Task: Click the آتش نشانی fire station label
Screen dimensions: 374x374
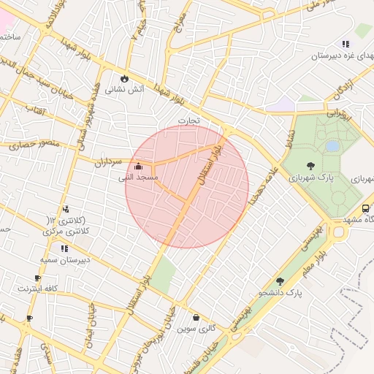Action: pos(125,90)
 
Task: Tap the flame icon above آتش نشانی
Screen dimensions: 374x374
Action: pos(125,78)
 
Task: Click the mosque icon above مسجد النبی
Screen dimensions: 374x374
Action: pos(139,167)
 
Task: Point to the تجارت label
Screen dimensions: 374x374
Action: pos(188,119)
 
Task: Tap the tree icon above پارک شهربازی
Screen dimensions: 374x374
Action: pos(311,166)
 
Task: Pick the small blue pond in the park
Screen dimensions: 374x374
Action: pos(332,146)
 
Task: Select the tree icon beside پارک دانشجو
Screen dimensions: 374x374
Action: pos(280,281)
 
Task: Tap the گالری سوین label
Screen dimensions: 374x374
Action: pos(196,328)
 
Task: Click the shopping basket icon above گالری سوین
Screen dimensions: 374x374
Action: pos(196,317)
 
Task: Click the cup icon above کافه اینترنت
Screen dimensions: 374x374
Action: pos(37,278)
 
